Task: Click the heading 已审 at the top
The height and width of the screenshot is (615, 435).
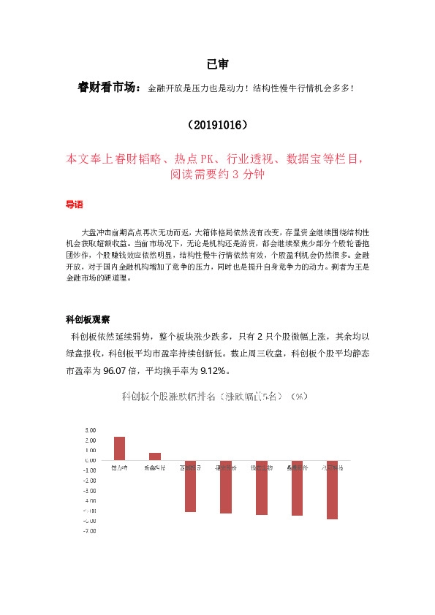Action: click(x=217, y=64)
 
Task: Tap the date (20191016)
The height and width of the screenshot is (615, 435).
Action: click(x=217, y=125)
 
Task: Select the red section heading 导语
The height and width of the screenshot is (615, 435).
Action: click(x=75, y=206)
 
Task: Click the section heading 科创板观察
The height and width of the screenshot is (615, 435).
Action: click(x=88, y=319)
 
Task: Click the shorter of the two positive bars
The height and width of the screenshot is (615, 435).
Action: click(x=154, y=457)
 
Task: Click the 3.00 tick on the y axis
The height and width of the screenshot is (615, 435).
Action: click(x=91, y=430)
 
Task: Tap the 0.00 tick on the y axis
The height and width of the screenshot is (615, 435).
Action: click(x=91, y=460)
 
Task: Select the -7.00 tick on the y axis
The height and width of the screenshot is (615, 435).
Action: click(x=89, y=531)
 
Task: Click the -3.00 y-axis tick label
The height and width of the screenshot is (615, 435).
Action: click(x=89, y=491)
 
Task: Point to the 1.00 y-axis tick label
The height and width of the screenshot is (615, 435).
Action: click(x=91, y=451)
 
